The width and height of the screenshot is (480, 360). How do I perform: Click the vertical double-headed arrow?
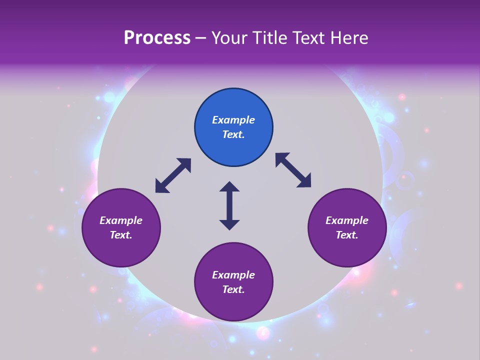pos(229,205)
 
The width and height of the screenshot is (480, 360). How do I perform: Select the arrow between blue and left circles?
pos(173,175)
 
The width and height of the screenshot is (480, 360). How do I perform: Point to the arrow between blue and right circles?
pos(293,170)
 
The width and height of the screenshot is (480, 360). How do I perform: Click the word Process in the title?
pos(157,38)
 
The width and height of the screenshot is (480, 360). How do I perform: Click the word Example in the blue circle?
pos(233,120)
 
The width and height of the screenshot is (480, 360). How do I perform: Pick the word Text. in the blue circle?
pos(233,134)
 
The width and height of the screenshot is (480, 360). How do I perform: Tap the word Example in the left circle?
pos(121,220)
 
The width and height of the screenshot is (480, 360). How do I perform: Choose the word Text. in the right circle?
pos(347,235)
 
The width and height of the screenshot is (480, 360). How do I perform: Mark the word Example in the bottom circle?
pos(233,275)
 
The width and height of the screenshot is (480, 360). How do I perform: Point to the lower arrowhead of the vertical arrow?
pos(229,224)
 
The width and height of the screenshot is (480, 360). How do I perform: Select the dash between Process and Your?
pos(201,38)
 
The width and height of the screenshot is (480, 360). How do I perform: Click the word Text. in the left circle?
pos(121,235)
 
